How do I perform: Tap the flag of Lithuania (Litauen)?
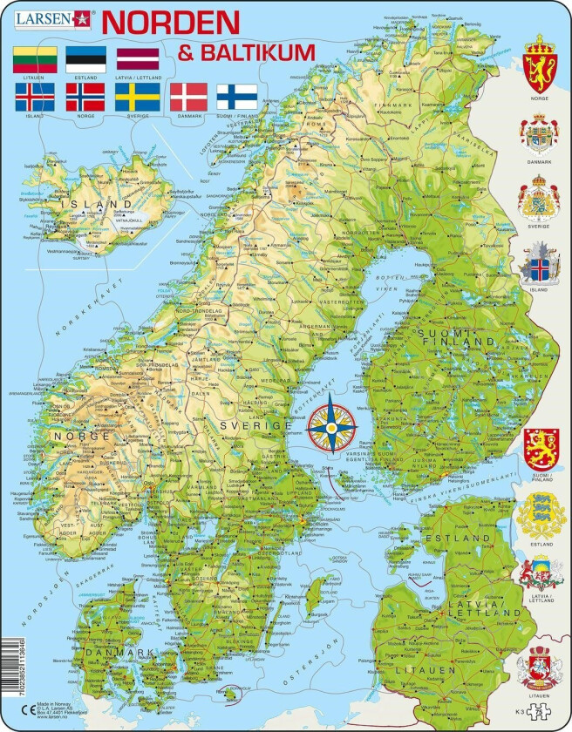pos(35,58)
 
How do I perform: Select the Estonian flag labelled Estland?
pos(85,58)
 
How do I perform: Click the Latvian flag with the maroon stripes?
pos(138,58)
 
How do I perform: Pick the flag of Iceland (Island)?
pos(35,96)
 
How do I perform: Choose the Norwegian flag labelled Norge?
pos(85,96)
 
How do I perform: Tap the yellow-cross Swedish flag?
pos(138,96)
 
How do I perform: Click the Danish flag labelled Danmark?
pos(188,96)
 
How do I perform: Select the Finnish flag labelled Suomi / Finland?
pos(236,96)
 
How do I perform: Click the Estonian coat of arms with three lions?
pos(541,515)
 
